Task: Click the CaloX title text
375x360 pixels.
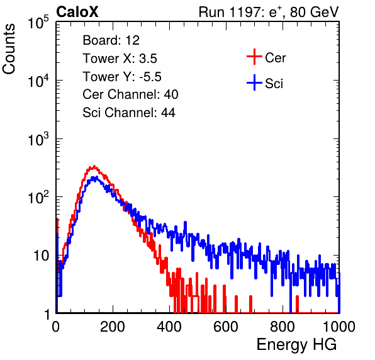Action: pos(77,12)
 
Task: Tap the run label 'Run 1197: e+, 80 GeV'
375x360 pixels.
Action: pos(269,12)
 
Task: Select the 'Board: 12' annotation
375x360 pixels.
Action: pos(111,40)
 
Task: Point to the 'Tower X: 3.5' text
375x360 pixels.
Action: pos(120,59)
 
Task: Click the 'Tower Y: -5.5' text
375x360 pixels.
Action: pos(122,77)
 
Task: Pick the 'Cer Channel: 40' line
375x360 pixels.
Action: pos(130,94)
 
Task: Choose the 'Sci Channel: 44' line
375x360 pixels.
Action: pos(129,113)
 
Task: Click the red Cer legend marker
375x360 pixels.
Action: pos(254,57)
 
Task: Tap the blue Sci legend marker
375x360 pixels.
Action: pos(254,82)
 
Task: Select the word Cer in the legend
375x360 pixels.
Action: pos(275,58)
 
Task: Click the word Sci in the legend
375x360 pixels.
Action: pos(274,84)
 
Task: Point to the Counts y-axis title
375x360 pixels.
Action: pos(9,49)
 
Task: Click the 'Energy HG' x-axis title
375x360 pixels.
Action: pos(296,345)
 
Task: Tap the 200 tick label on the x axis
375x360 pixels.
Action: pos(113,327)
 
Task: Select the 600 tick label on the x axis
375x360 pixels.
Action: pos(226,327)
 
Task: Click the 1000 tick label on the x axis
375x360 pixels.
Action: pos(339,327)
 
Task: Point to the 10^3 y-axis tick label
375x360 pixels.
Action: pos(38,138)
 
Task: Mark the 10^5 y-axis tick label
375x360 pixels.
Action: pos(38,22)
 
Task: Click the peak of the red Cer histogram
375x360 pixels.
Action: pos(94,166)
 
